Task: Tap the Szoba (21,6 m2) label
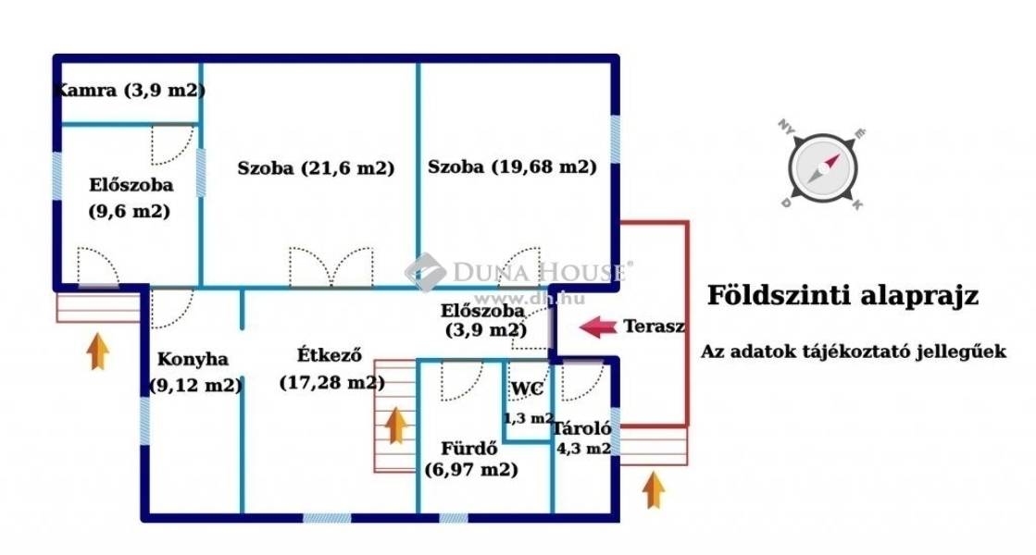[316, 168]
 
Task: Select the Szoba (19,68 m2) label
[511, 167]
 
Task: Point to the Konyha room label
[193, 359]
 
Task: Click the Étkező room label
[329, 354]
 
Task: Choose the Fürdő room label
[470, 449]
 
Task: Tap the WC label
[527, 388]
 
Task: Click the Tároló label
[580, 428]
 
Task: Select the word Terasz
[655, 327]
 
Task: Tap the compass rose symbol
[822, 167]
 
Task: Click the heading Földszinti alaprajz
[843, 296]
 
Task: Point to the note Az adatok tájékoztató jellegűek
[853, 352]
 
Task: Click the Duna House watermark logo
[425, 272]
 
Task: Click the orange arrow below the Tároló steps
[655, 488]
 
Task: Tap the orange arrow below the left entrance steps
[98, 351]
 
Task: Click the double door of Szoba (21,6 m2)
[331, 267]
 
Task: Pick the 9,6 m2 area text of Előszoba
[130, 212]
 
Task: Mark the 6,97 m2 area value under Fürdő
[470, 470]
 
